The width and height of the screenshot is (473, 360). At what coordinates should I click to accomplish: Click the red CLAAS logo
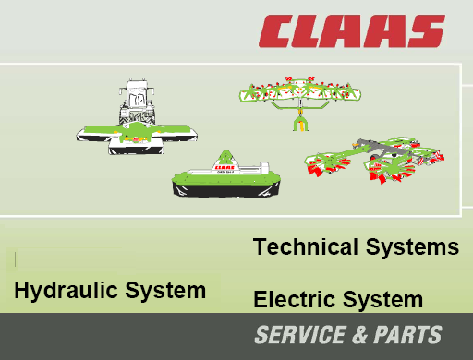tap(351, 30)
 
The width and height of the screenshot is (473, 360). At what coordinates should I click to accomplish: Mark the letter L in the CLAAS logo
tap(314, 30)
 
